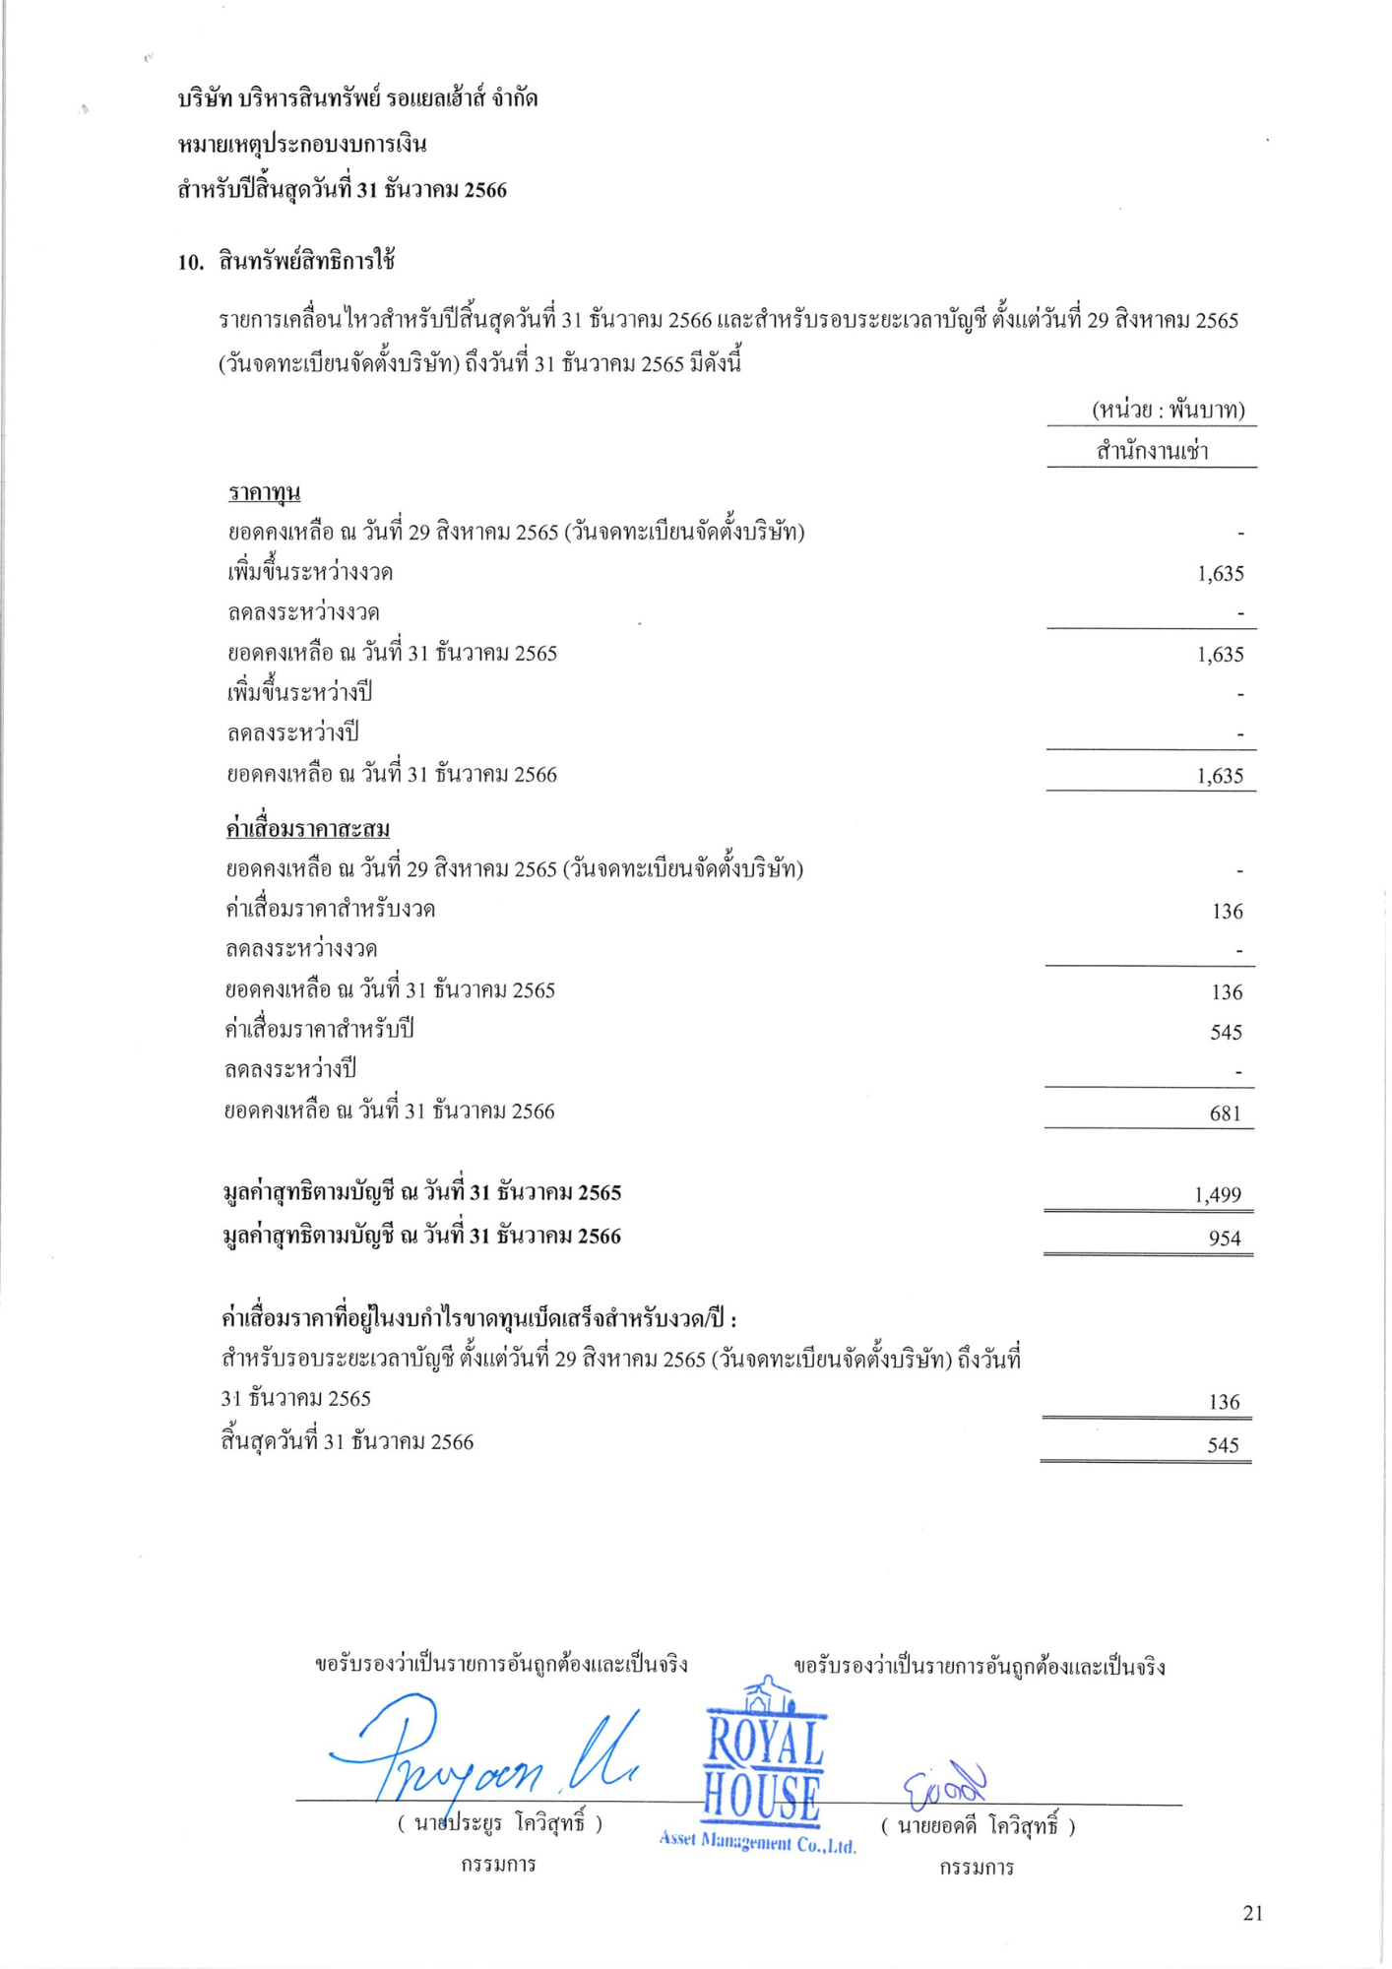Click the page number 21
point(1252,1912)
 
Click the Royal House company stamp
point(763,1772)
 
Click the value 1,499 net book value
point(1218,1194)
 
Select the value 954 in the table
point(1225,1238)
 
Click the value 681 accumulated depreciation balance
point(1225,1113)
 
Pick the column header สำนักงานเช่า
point(1152,451)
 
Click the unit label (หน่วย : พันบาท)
point(1169,410)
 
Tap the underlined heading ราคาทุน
point(264,491)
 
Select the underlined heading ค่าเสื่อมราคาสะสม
point(308,829)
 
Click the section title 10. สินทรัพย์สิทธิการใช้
point(286,261)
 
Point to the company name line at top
point(357,98)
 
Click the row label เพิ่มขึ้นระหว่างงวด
point(311,572)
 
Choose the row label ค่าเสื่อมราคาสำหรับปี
point(319,1030)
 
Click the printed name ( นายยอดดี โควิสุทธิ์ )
point(978,1827)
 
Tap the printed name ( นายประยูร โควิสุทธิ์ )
point(500,1823)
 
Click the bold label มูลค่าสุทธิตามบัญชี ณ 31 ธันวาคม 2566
point(422,1236)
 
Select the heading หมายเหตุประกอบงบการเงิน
point(302,144)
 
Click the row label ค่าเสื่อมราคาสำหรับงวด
point(330,909)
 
